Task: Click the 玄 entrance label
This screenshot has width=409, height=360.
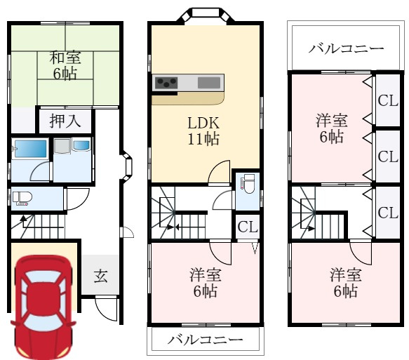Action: coord(101,276)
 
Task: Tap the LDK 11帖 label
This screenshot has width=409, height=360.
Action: coord(202,130)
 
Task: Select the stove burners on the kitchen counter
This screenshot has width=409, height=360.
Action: coord(166,83)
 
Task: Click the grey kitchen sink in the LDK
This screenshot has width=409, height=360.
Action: coord(209,83)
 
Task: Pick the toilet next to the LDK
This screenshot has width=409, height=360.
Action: coord(246,185)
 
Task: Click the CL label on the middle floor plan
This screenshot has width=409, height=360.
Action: coord(246,227)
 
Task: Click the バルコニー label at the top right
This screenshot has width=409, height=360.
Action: coord(346,49)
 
